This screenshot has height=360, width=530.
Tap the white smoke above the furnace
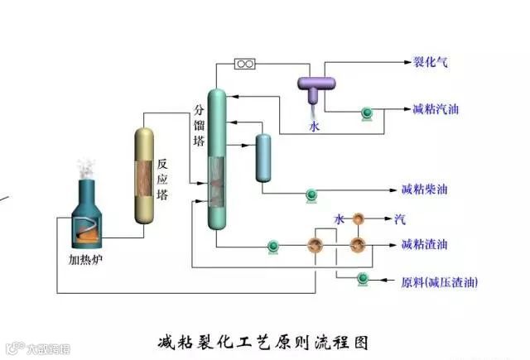click(x=85, y=169)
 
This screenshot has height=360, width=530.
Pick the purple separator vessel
click(x=316, y=84)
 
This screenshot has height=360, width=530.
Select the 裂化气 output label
click(x=430, y=61)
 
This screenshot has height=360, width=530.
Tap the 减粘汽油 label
click(x=435, y=109)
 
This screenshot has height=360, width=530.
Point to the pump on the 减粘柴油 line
click(x=312, y=194)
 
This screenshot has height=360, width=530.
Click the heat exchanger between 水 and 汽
click(x=359, y=218)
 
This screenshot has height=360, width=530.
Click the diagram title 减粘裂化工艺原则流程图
click(x=263, y=340)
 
